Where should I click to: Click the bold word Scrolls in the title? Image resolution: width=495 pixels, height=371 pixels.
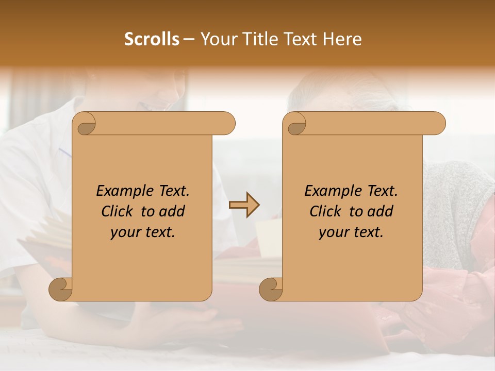[x=152, y=39]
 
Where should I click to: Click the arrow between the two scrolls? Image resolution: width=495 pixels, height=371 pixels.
[x=244, y=205]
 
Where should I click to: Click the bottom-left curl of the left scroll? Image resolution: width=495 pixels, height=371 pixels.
[x=61, y=289]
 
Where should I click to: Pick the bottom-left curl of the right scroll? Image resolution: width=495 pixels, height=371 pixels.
[x=271, y=289]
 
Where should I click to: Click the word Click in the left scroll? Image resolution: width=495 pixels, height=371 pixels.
[x=119, y=211]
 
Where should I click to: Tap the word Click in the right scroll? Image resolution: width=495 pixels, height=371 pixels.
[x=327, y=211]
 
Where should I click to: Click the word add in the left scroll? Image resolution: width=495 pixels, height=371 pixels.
[x=173, y=211]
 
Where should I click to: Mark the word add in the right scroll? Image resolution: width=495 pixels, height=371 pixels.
[x=381, y=211]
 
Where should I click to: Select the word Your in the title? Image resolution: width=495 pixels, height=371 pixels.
[x=216, y=39]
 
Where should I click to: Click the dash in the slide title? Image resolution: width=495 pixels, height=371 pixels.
[x=188, y=39]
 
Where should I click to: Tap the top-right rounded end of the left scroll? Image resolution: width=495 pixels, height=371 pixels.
[x=227, y=124]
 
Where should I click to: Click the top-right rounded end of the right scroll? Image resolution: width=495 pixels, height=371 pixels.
[x=437, y=124]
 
